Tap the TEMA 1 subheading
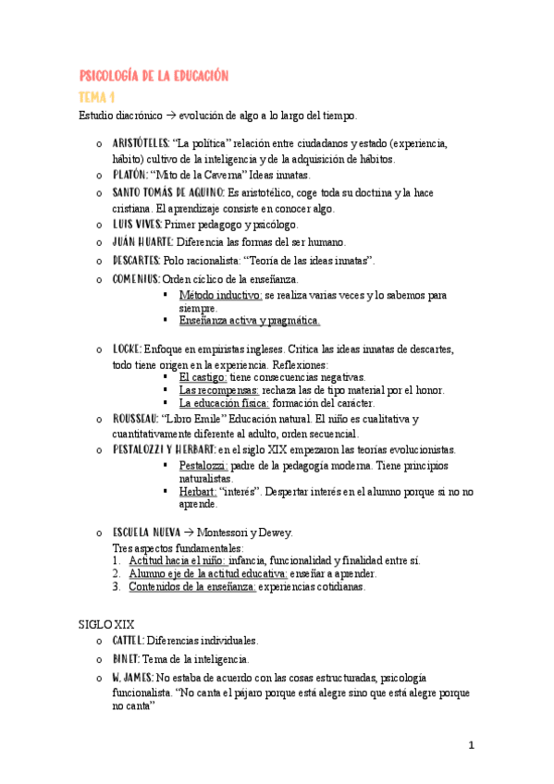[96, 96]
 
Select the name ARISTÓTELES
[141, 143]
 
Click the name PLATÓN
[130, 174]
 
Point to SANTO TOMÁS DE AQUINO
[168, 192]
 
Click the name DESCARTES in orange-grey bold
[137, 260]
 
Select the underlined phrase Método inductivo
[221, 295]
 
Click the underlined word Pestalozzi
[203, 465]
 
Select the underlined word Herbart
[197, 492]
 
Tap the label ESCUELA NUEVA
[146, 533]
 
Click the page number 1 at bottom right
[471, 744]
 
